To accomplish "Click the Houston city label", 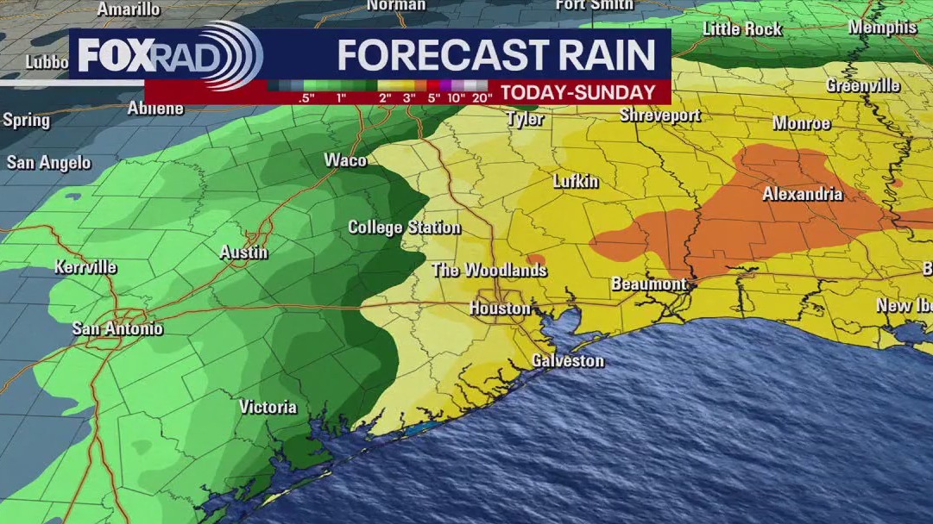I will [500, 309].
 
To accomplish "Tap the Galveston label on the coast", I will [567, 360].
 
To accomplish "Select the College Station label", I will [404, 228].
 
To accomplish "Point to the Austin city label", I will [244, 253].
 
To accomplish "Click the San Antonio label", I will [117, 328].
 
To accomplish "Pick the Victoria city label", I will [268, 407].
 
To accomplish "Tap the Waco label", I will [345, 160].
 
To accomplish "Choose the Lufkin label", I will [576, 182].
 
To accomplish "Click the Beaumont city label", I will [649, 284].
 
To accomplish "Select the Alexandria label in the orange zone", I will [802, 195].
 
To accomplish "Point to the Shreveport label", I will [659, 115].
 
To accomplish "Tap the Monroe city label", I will [801, 123].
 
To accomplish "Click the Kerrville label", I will [85, 267].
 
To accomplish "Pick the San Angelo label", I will [48, 163].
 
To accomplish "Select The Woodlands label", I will [489, 271].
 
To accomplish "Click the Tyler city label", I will [525, 119].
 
